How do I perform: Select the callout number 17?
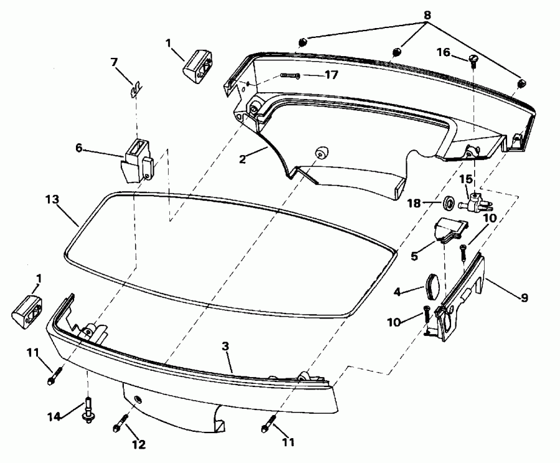coord(331,75)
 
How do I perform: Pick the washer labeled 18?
coord(447,203)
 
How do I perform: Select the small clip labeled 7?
coord(134,90)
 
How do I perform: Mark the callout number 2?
coord(242,158)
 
